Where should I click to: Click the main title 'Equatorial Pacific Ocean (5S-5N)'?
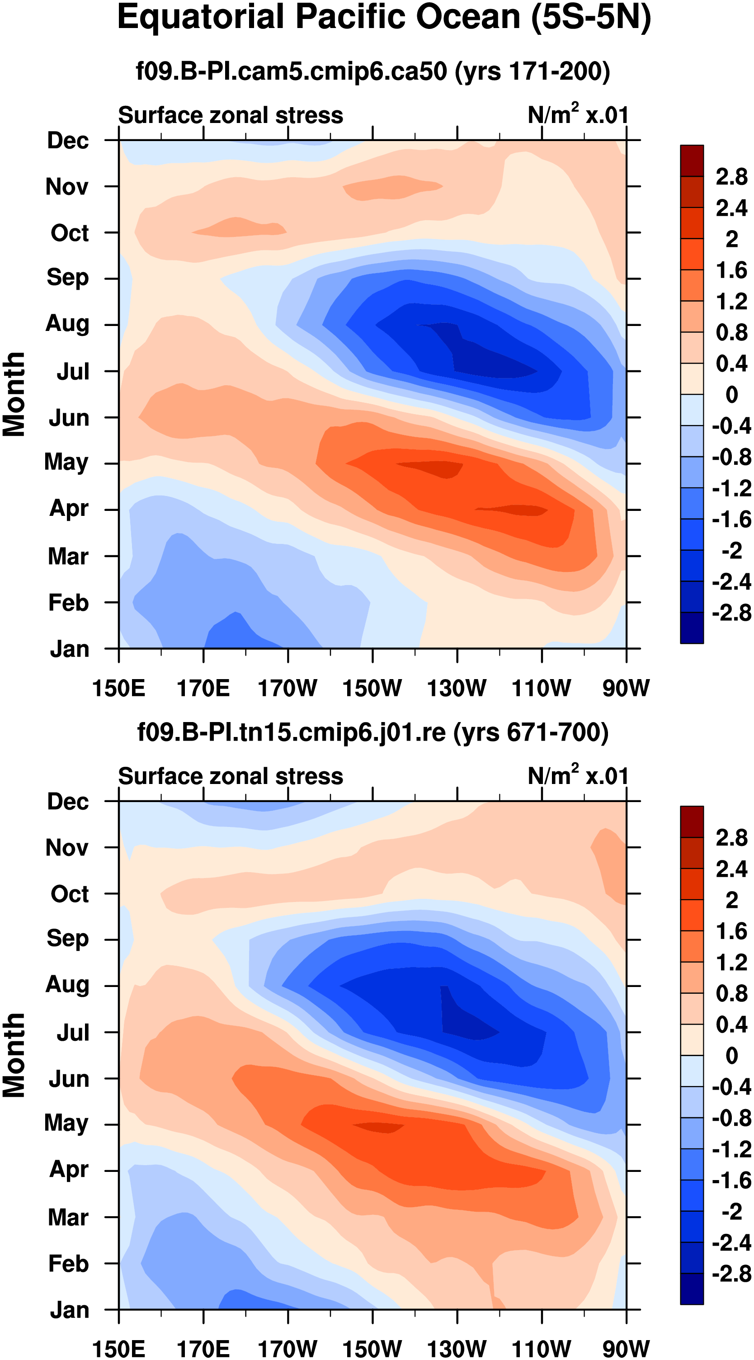[x=384, y=18]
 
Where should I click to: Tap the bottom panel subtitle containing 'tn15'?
[x=373, y=732]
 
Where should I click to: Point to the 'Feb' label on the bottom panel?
[x=68, y=1263]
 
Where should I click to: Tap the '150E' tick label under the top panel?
[x=118, y=688]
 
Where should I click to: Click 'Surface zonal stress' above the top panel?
[x=230, y=115]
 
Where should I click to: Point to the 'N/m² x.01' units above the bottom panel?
[x=578, y=775]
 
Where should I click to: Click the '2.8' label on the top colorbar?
[x=731, y=177]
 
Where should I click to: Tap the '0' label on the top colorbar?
[x=731, y=394]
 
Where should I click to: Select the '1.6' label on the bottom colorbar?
[x=731, y=932]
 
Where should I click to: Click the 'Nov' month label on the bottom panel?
[x=66, y=848]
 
